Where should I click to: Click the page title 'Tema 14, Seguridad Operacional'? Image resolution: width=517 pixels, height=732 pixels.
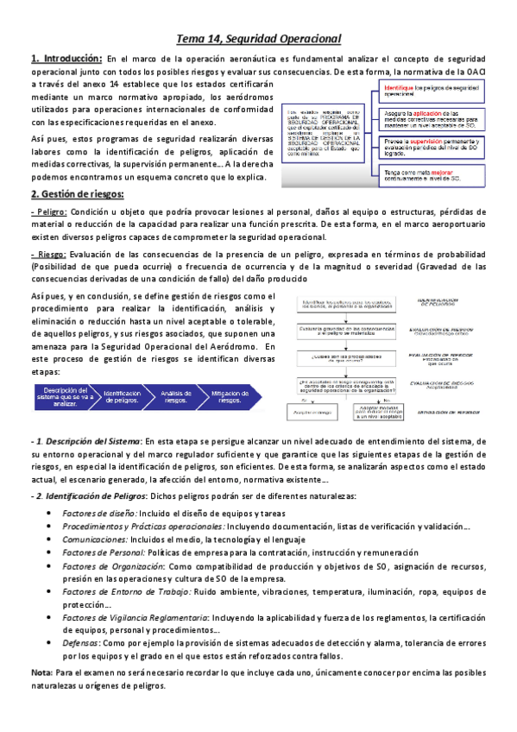259,38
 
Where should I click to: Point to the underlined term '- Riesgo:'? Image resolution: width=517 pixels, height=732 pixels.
48,254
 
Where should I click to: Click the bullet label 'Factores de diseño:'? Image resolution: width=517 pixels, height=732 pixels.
99,513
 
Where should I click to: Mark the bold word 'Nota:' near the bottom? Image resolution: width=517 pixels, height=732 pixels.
40,672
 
